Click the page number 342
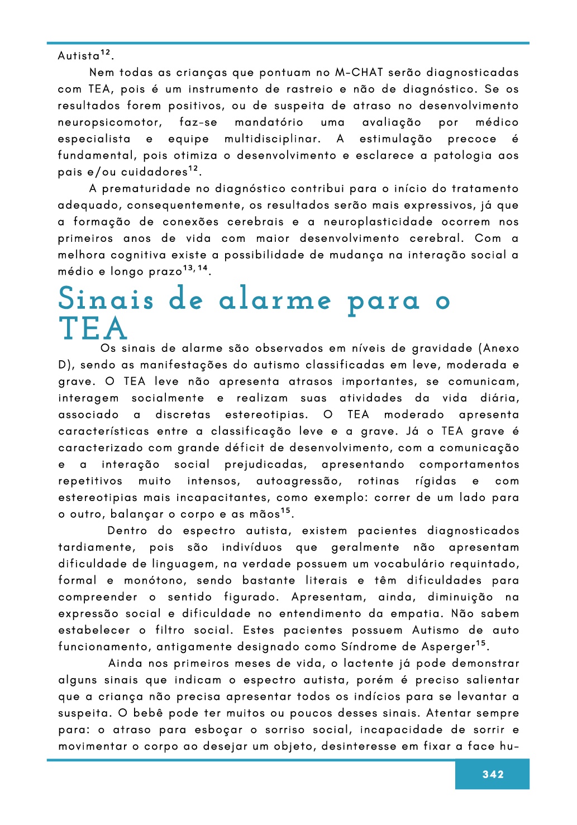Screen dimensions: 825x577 tap(493, 774)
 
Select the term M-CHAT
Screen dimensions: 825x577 tap(359, 73)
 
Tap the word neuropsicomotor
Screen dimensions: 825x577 tap(110, 122)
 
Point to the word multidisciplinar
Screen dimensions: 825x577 tap(273, 139)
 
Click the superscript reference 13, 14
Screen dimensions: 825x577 tap(195, 269)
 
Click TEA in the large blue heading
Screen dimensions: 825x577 tap(93, 328)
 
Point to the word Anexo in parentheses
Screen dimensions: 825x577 tap(501, 349)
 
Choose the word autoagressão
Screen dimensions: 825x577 tap(298, 481)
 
